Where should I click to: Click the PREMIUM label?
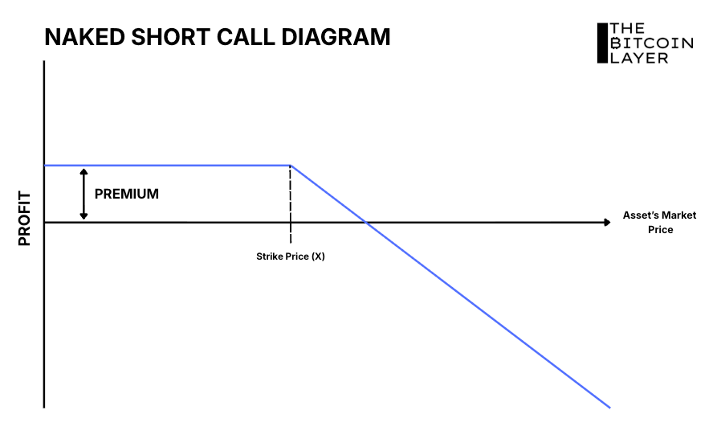(127, 194)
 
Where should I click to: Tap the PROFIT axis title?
(24, 218)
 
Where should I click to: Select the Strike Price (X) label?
(290, 256)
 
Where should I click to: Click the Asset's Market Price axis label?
(659, 222)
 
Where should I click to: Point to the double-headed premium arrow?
(83, 194)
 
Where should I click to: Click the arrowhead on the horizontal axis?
(606, 221)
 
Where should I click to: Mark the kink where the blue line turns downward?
(290, 166)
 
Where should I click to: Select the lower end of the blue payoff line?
(609, 407)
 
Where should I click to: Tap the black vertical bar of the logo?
(601, 43)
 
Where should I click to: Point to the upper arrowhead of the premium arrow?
(83, 171)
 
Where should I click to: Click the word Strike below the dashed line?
(270, 256)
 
